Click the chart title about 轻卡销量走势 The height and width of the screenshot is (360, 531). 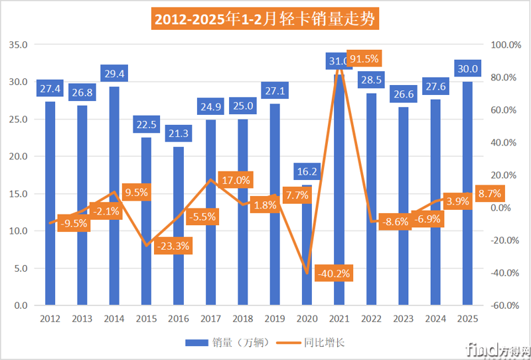point(265,19)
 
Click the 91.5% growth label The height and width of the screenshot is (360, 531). point(364,58)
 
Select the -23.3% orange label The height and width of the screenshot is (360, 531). point(173,246)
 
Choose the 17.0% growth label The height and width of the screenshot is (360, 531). point(235,180)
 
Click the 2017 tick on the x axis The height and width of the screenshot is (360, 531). point(211,319)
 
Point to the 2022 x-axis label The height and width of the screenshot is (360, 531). point(372,319)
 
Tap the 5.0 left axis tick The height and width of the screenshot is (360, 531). point(20,268)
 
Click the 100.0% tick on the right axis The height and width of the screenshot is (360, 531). point(506,45)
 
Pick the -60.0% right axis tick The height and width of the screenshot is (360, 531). point(506,306)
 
